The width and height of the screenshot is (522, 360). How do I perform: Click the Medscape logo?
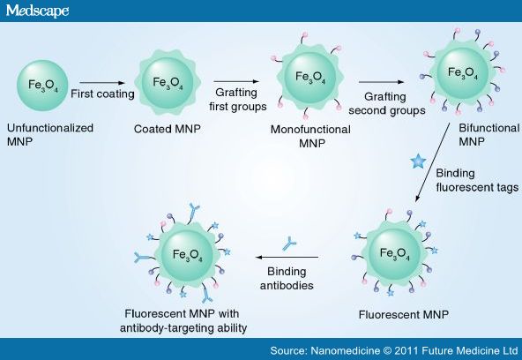point(37,11)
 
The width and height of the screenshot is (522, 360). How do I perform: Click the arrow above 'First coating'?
point(102,83)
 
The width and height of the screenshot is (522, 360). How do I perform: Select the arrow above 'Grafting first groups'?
point(236,81)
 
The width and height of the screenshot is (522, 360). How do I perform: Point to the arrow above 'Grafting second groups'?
point(382,82)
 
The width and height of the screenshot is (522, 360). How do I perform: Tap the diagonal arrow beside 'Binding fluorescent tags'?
point(432,162)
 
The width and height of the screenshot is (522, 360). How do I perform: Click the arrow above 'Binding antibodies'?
point(287,257)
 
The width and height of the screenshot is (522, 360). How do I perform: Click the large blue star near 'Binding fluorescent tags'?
point(418,161)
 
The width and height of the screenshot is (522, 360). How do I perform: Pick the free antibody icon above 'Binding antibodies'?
point(289,244)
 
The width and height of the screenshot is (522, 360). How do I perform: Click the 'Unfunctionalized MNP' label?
point(50,134)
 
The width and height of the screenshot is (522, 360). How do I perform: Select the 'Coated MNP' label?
point(168,129)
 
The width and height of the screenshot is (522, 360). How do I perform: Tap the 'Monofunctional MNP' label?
point(310,136)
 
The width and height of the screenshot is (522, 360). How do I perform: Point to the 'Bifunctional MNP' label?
point(489,134)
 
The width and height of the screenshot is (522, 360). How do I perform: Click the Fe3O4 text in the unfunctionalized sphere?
point(43,85)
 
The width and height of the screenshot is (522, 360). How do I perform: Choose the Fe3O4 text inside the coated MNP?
point(168,83)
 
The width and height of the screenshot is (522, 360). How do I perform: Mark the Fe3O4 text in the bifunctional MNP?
point(463,73)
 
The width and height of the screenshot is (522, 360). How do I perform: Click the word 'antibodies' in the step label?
point(287,285)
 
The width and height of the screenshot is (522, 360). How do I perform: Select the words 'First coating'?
point(102,94)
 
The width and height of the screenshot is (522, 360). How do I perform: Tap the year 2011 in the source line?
point(406,350)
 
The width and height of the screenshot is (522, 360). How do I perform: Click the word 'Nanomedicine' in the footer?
point(346,350)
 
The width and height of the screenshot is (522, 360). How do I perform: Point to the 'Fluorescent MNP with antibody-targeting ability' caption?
point(183,321)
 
